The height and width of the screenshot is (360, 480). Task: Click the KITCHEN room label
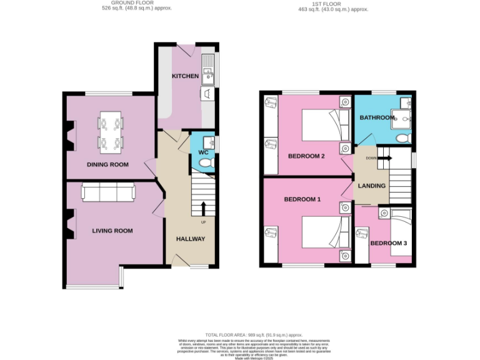pos(185,76)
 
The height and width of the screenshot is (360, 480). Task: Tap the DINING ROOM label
pos(107,165)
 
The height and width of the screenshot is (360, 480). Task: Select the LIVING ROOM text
pos(112,231)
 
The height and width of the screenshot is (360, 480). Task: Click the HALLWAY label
pos(191,239)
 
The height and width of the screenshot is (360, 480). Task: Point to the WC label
pos(203,152)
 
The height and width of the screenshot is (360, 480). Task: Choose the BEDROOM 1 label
pos(302,199)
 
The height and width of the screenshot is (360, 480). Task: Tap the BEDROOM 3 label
pos(388,243)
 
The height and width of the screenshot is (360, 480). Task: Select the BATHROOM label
pos(377,117)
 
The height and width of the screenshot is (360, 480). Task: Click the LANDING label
pos(371,186)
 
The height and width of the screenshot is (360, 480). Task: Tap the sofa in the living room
pos(107,194)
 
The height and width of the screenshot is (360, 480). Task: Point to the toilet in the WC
pos(206,163)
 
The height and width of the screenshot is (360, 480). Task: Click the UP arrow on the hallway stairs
pos(203,209)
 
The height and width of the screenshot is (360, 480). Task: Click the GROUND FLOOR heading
pos(137,4)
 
